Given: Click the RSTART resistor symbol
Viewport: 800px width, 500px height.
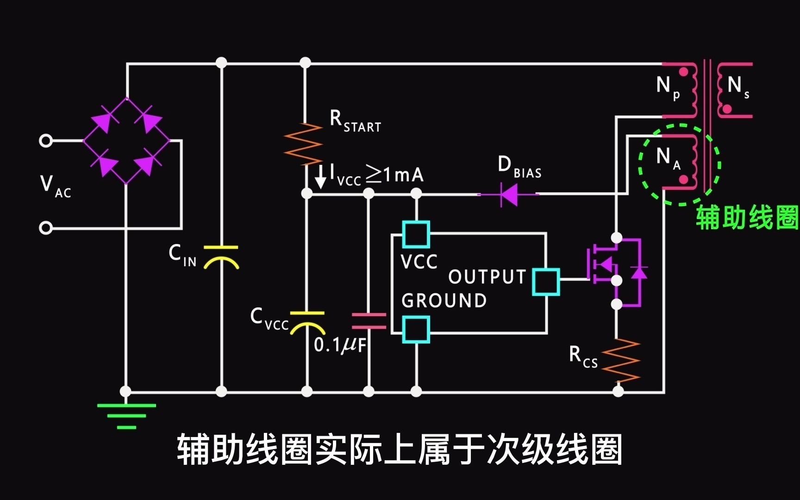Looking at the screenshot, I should tap(303, 144).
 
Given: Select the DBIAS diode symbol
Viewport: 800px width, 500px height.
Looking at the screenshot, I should tap(509, 194).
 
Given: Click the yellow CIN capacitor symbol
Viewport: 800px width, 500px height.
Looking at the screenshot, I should tap(221, 258).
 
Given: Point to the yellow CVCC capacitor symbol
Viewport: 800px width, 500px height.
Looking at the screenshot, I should tap(307, 323).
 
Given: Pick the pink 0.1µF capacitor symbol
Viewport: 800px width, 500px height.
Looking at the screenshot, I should tap(369, 321).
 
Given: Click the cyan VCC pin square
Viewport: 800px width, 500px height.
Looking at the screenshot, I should tap(416, 234).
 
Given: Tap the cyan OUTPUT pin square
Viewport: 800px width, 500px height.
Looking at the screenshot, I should tap(546, 281).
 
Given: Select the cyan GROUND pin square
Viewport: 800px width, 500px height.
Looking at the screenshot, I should tap(416, 330).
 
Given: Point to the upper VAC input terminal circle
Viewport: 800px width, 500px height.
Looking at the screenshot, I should tap(46, 140).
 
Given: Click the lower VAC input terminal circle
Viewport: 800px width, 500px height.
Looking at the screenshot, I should tap(46, 228).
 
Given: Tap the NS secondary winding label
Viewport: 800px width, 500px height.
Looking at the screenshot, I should tap(737, 87).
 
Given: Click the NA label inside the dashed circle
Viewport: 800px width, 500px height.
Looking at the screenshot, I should tap(668, 158).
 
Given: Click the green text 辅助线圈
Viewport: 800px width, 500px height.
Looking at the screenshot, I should tap(747, 218).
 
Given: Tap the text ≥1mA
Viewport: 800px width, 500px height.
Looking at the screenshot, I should tap(394, 175).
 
